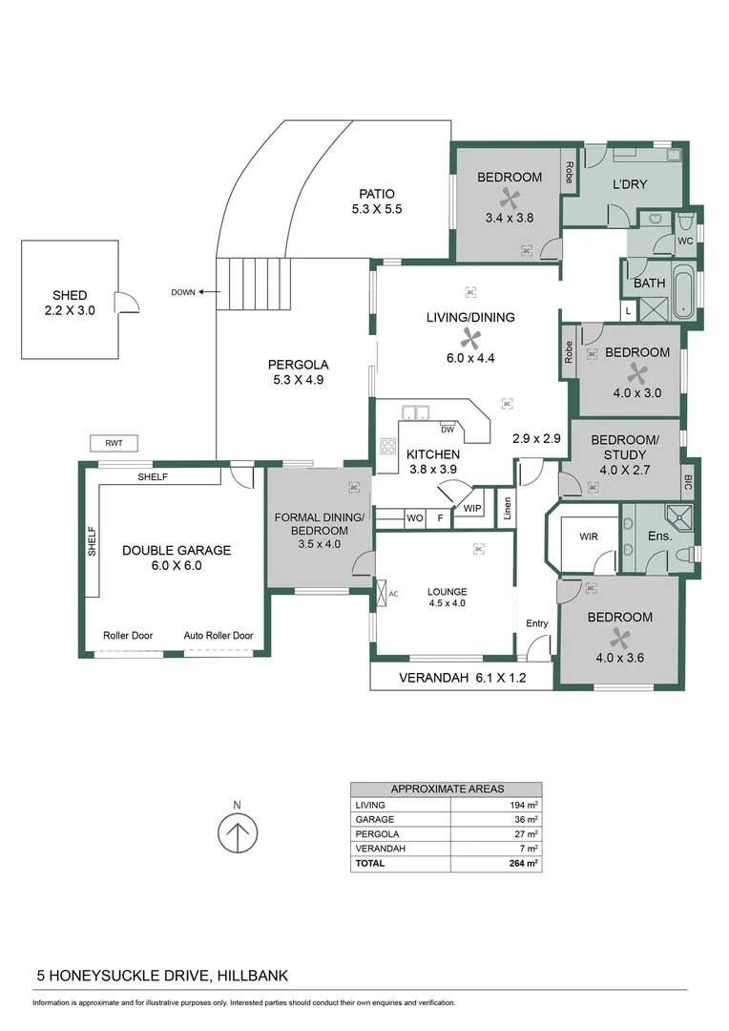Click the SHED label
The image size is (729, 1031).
coord(70,295)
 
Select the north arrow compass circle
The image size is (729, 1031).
coord(238,833)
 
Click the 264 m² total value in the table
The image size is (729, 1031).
coord(524,863)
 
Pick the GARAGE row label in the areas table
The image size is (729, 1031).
coord(374,819)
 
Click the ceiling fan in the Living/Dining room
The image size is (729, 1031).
coord(469,337)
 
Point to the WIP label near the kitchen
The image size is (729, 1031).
coord(472,508)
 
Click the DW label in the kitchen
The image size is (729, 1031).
coord(447,430)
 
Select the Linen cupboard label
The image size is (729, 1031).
coord(509,508)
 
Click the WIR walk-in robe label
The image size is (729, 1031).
coord(589,537)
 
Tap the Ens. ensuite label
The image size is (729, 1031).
coord(659,537)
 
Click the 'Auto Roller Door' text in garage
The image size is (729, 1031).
coord(219,636)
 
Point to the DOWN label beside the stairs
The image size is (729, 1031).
coord(183,292)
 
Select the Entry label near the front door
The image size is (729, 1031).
coord(537,624)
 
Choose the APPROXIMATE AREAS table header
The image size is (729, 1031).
coord(448,789)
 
